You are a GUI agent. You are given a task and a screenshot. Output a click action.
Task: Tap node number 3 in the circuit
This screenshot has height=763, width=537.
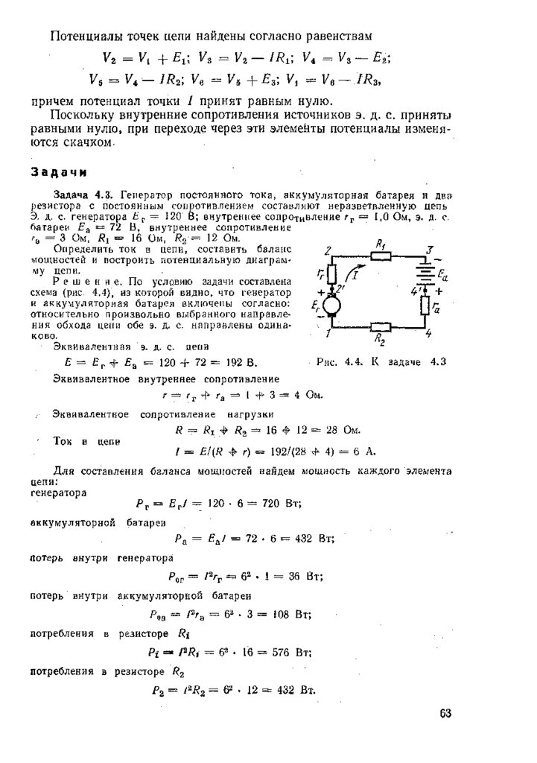tap(430, 249)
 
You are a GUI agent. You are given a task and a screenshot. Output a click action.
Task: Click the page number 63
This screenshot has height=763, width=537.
tap(445, 713)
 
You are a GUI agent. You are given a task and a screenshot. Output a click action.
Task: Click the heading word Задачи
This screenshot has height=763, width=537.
tap(59, 172)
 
